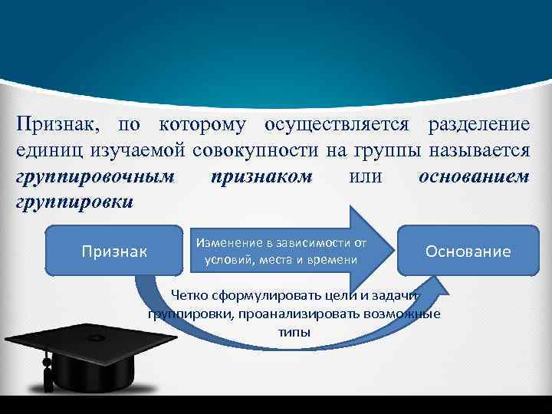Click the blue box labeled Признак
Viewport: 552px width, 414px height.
pos(114,250)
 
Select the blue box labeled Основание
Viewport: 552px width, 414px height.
pos(468,251)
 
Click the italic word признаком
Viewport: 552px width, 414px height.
pos(260,176)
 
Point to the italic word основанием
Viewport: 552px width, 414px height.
pos(475,176)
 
